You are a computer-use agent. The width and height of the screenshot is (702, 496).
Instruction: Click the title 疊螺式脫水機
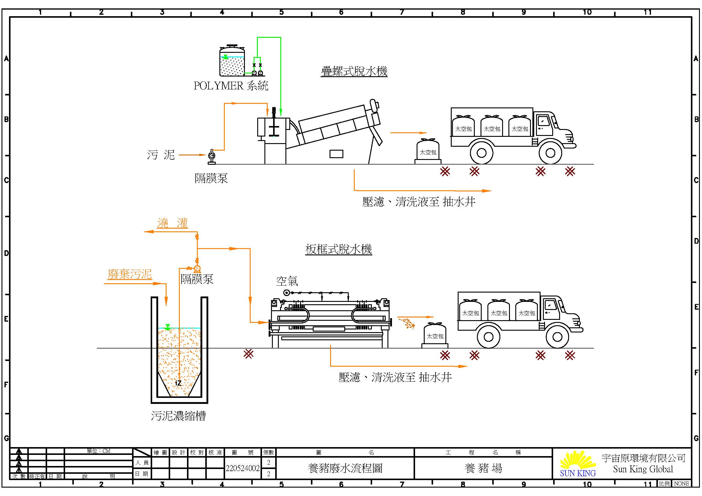[x=354, y=71]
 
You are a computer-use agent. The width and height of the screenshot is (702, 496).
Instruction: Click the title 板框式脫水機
[x=339, y=249]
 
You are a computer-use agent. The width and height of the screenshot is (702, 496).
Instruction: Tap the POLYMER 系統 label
[x=231, y=86]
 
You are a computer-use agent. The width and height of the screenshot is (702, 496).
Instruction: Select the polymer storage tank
[x=232, y=61]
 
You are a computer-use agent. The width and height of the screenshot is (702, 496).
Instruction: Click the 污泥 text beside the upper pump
[x=161, y=155]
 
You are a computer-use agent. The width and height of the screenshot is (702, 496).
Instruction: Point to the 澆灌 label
[x=173, y=223]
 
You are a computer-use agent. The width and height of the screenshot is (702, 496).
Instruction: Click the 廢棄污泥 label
[x=130, y=274]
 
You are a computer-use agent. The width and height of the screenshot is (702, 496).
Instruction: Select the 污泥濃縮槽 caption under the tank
[x=178, y=416]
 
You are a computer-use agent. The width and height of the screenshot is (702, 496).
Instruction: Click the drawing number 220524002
[x=243, y=468]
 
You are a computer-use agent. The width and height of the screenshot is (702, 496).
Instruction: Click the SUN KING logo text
[x=577, y=473]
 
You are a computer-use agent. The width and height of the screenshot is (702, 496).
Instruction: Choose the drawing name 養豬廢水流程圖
[x=345, y=468]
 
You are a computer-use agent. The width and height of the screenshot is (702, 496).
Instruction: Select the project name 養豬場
[x=483, y=468]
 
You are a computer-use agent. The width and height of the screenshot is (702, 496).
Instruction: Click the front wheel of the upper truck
[x=550, y=153]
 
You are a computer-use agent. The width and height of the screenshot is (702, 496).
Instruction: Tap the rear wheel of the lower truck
[x=488, y=337]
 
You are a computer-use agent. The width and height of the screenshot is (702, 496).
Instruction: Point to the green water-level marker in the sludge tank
[x=167, y=327]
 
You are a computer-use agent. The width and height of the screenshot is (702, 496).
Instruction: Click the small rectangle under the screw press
[x=336, y=154]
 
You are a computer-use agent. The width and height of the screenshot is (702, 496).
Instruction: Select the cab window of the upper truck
[x=543, y=121]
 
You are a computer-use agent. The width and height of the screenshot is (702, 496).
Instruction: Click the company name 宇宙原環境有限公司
[x=643, y=458]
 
